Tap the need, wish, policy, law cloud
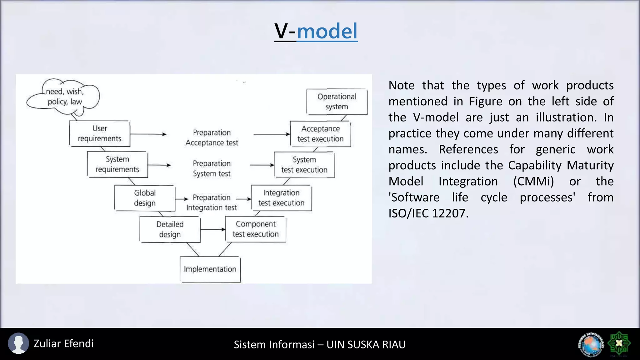(64, 97)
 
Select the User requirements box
(99, 134)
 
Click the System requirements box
(117, 164)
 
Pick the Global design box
(145, 198)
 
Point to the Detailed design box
(170, 229)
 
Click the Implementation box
(210, 269)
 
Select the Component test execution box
(256, 229)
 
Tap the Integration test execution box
(281, 198)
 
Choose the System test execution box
(304, 165)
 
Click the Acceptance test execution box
(320, 134)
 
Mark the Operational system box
(337, 102)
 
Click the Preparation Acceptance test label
(212, 137)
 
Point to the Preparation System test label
(212, 168)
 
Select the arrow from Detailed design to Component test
(213, 229)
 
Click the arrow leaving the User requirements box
(148, 134)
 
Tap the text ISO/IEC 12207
(428, 213)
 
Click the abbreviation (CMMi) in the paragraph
(533, 182)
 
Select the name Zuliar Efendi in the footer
(63, 343)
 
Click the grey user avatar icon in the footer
(18, 343)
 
